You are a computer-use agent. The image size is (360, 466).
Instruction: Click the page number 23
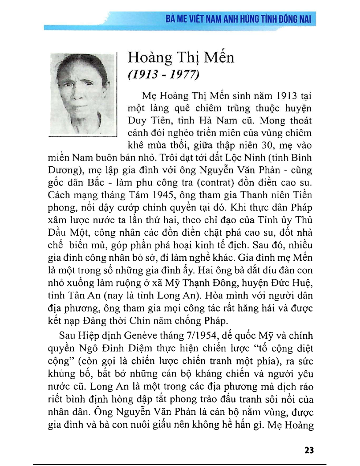click(x=309, y=451)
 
